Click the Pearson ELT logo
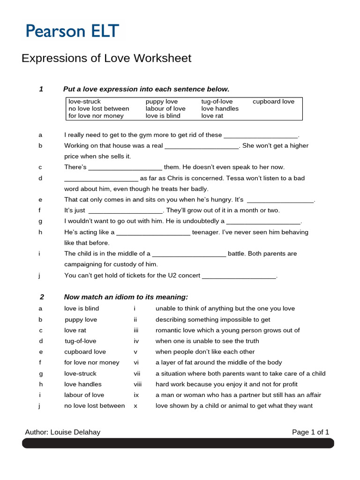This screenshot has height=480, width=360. click(72, 31)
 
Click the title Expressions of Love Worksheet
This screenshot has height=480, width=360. click(107, 58)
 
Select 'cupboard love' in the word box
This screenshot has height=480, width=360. click(273, 101)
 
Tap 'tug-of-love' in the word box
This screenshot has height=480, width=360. click(217, 101)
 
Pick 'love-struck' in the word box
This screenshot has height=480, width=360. click(84, 101)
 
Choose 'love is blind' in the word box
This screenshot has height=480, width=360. click(163, 116)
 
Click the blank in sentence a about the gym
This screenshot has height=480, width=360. click(261, 135)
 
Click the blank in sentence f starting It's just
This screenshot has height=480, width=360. click(125, 211)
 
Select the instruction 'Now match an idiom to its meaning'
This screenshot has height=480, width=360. click(126, 297)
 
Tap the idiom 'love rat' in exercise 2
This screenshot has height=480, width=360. click(75, 330)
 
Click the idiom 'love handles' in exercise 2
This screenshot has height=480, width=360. click(82, 384)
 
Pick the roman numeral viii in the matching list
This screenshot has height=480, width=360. click(137, 384)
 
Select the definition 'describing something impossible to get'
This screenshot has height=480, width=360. click(213, 319)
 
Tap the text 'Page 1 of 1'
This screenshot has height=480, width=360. click(310, 432)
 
